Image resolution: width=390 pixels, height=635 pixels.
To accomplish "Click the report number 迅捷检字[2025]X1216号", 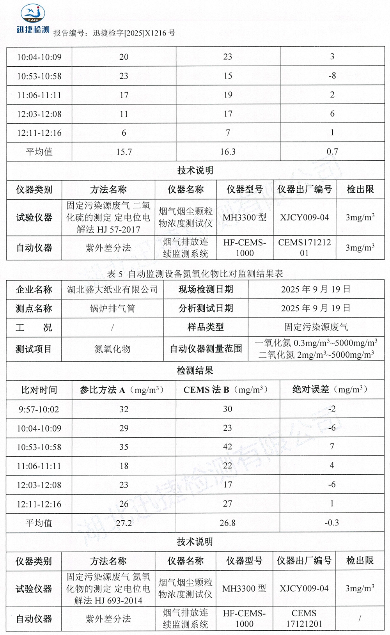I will [x=134, y=33].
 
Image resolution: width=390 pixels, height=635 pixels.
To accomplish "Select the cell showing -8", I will [x=332, y=76].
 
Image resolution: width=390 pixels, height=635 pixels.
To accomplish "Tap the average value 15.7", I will [x=124, y=152].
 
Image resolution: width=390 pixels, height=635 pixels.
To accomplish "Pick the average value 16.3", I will [x=228, y=152].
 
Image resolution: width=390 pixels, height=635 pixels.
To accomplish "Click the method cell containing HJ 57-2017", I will [x=108, y=218].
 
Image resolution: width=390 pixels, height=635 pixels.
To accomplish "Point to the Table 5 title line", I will [x=195, y=274].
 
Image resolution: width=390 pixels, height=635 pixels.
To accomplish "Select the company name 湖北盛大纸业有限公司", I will [x=112, y=289].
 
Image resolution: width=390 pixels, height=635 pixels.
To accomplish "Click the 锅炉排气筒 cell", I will [x=112, y=309].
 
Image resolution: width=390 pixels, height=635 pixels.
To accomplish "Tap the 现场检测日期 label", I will [x=206, y=289].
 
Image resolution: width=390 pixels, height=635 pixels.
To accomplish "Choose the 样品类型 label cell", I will [x=206, y=327].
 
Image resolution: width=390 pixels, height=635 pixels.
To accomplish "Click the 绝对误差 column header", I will [x=332, y=390].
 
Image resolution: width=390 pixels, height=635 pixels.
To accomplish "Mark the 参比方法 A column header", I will [x=124, y=390].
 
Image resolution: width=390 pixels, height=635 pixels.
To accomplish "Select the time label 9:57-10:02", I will [x=39, y=410].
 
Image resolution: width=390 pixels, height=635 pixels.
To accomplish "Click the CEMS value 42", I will [x=228, y=447].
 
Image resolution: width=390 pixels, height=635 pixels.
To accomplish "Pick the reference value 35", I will [x=124, y=447].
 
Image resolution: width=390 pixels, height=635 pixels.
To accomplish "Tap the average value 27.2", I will [x=124, y=523].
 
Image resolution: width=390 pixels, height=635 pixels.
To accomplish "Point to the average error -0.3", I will [x=332, y=523].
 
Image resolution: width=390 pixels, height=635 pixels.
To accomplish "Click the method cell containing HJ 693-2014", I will [x=108, y=589].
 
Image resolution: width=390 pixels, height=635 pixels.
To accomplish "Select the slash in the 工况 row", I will [x=112, y=328].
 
